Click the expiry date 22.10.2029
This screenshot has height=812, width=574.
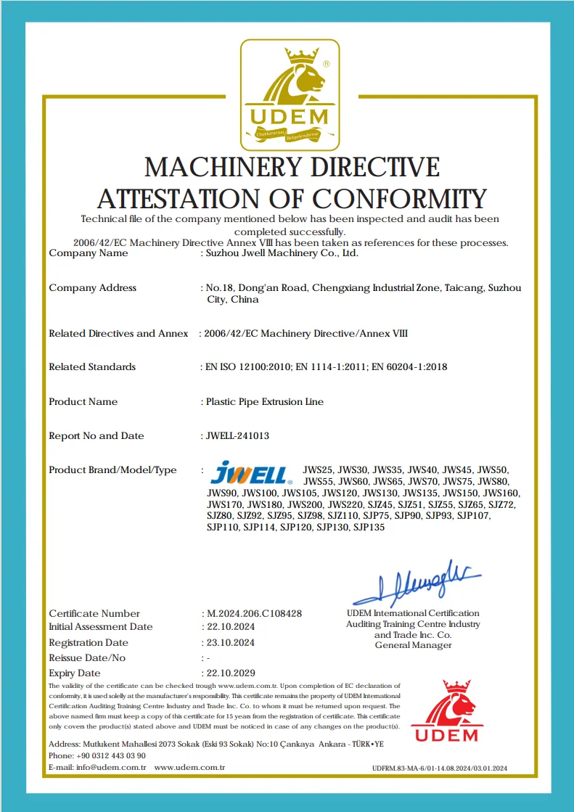231,673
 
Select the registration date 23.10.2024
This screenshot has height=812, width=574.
231,642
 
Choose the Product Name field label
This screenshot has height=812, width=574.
83,401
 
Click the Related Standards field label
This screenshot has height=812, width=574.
92,366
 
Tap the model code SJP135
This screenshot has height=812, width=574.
369,527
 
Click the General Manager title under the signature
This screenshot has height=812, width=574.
413,645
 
